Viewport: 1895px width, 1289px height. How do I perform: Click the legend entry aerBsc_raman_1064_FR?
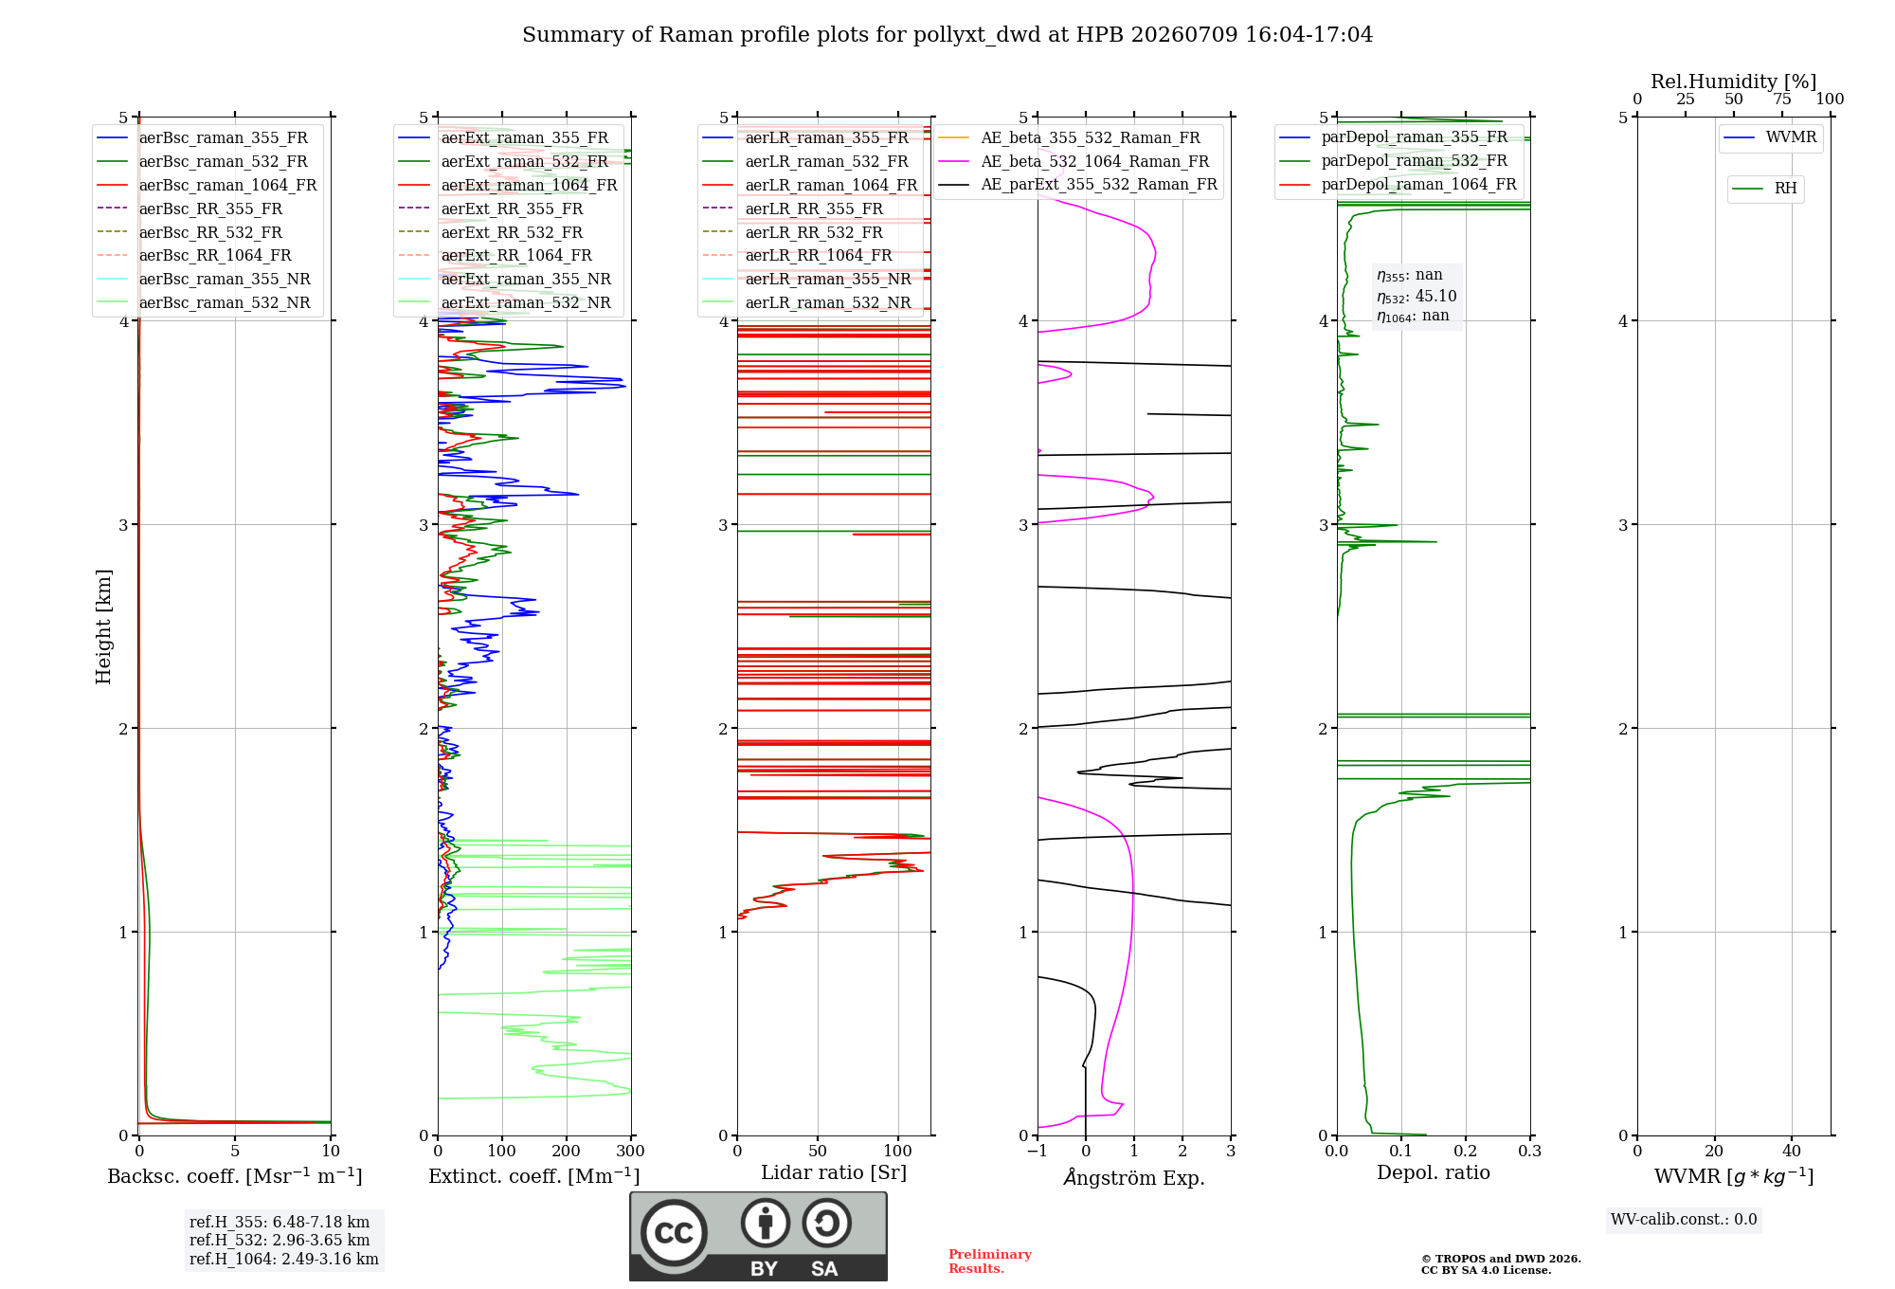pos(207,185)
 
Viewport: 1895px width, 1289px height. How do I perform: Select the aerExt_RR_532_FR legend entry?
pos(491,232)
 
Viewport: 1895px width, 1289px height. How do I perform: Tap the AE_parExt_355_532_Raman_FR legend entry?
pos(1078,184)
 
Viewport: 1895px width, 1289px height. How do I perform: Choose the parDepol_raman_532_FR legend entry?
pos(1394,160)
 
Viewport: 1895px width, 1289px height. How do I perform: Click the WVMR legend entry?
pos(1770,137)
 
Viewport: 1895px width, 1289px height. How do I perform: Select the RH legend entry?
pos(1765,189)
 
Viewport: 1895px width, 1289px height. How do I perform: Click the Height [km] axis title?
pos(103,626)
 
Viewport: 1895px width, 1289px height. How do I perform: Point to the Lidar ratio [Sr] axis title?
pos(834,1172)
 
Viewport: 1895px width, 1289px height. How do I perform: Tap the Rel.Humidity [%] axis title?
pos(1734,82)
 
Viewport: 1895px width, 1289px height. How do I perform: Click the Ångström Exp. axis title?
pos(1134,1177)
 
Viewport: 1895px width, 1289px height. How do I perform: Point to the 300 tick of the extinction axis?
pos(631,1151)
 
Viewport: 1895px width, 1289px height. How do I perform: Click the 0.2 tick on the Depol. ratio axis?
pos(1466,1151)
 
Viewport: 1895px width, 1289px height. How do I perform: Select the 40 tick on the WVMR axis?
pos(1792,1151)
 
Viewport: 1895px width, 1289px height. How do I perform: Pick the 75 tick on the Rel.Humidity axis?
pos(1782,100)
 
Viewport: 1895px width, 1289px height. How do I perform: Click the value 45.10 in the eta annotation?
pos(1435,296)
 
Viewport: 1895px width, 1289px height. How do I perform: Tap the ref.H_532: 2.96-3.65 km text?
pos(280,1240)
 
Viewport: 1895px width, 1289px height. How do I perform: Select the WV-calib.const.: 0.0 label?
pos(1684,1220)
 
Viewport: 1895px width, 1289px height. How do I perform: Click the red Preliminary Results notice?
pos(990,1262)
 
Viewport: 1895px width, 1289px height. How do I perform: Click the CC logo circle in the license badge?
pos(674,1232)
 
